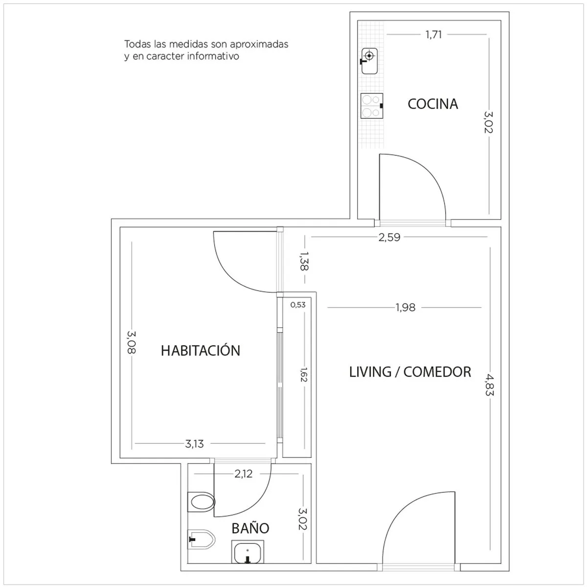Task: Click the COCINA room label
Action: (432, 104)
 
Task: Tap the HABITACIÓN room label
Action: (201, 350)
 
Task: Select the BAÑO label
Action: (250, 528)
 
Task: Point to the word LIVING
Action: (370, 372)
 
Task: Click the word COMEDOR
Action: (437, 372)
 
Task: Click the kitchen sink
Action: (369, 61)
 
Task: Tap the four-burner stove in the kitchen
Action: (372, 106)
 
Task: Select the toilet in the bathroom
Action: (201, 502)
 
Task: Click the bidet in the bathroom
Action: (201, 539)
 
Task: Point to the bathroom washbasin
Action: (248, 552)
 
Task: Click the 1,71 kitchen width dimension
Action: (433, 35)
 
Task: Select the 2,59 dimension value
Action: (389, 237)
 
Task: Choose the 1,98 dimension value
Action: (406, 308)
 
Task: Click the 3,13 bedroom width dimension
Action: (194, 444)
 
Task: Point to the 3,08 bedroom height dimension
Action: (131, 342)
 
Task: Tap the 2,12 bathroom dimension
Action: (244, 474)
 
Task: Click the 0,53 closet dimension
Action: (297, 305)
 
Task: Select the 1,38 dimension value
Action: (304, 261)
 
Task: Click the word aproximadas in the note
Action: (259, 45)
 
